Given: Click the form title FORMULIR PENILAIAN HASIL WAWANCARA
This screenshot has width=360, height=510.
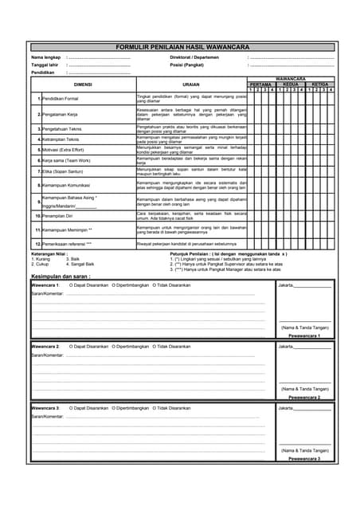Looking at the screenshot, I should click(182, 47).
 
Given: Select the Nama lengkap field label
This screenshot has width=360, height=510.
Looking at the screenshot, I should click(46, 58).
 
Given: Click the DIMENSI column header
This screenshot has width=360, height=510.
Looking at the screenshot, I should click(83, 84).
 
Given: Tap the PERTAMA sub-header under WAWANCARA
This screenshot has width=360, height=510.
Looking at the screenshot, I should click(260, 84).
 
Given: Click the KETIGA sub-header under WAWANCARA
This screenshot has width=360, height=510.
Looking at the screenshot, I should click(319, 84).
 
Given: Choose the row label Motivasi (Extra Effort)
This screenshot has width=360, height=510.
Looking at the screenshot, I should click(64, 149).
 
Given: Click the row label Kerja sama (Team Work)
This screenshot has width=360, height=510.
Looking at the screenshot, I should click(64, 160).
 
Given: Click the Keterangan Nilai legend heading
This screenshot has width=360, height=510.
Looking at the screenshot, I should click(49, 253).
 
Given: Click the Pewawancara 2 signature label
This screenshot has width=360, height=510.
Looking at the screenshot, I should click(304, 397).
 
